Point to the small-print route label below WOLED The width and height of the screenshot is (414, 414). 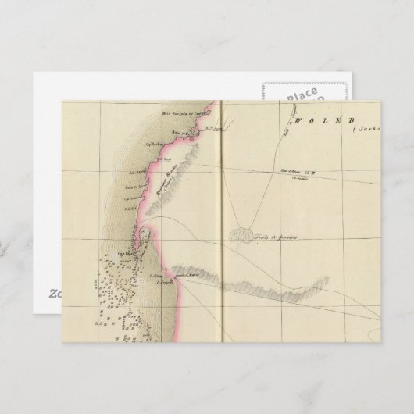(x=298, y=173)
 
